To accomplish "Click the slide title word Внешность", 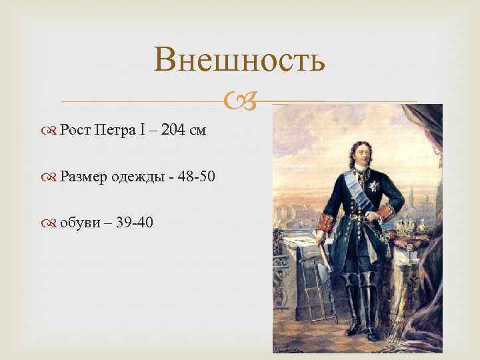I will click(239, 59).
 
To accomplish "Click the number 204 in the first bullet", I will click(172, 130).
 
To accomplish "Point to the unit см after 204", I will click(198, 130).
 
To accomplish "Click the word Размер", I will click(83, 176).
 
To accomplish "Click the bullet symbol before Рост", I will click(51, 131).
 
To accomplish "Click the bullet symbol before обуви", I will click(51, 223).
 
